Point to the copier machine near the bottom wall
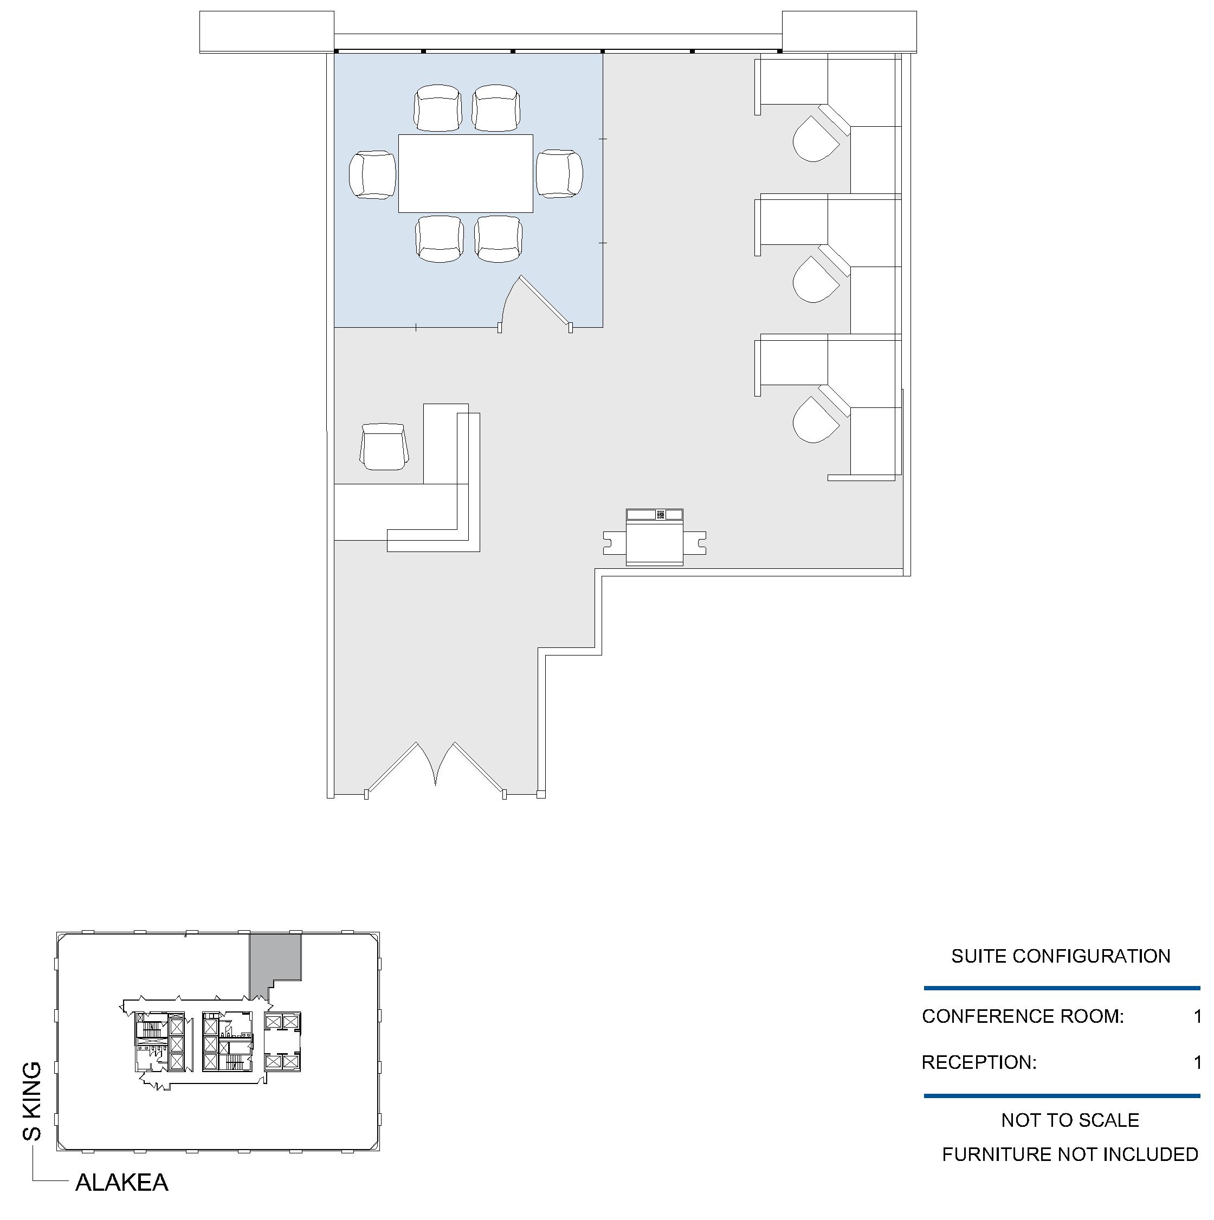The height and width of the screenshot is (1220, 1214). pos(654,537)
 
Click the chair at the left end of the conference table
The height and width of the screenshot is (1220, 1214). pos(373,175)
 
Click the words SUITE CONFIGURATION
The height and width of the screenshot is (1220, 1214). pos(1061,956)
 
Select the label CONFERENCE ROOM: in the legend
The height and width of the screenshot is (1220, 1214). pos(1023,1016)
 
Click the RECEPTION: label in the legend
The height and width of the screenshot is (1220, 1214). pos(979,1062)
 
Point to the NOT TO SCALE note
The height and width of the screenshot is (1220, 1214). pos(1070,1120)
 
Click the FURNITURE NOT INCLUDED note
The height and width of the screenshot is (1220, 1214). pos(1070,1154)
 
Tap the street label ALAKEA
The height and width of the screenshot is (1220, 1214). pos(122,1183)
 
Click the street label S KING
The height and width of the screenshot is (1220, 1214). pos(31,1101)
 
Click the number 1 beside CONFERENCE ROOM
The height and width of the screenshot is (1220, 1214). pos(1197,1016)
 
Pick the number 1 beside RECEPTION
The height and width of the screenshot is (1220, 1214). pos(1197,1062)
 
